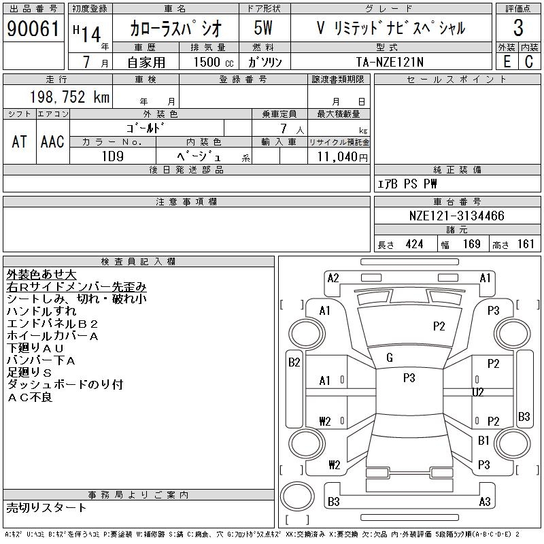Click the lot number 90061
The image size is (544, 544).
(x=32, y=29)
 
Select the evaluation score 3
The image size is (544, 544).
(x=518, y=29)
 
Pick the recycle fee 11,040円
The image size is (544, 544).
(x=339, y=156)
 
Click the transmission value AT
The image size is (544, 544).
(x=19, y=141)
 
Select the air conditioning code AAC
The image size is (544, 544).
(x=52, y=141)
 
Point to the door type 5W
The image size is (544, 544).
(x=263, y=29)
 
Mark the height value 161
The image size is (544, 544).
(x=526, y=244)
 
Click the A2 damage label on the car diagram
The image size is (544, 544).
(x=333, y=277)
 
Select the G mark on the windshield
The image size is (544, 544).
(x=390, y=358)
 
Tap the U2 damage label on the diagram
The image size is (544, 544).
(x=478, y=392)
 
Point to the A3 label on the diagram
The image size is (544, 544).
(x=485, y=502)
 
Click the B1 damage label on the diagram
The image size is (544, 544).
(x=483, y=441)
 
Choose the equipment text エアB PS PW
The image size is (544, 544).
(x=407, y=184)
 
